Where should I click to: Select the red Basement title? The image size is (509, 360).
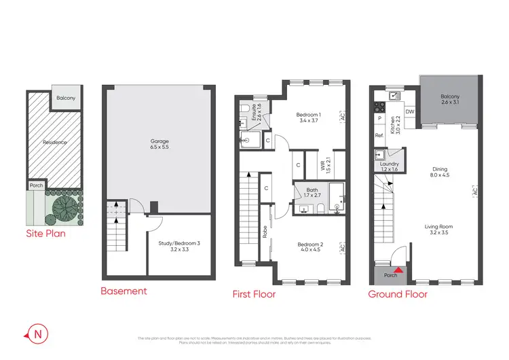(x=124, y=291)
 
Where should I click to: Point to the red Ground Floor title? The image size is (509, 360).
(x=398, y=294)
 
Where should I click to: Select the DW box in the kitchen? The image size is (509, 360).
(x=409, y=111)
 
